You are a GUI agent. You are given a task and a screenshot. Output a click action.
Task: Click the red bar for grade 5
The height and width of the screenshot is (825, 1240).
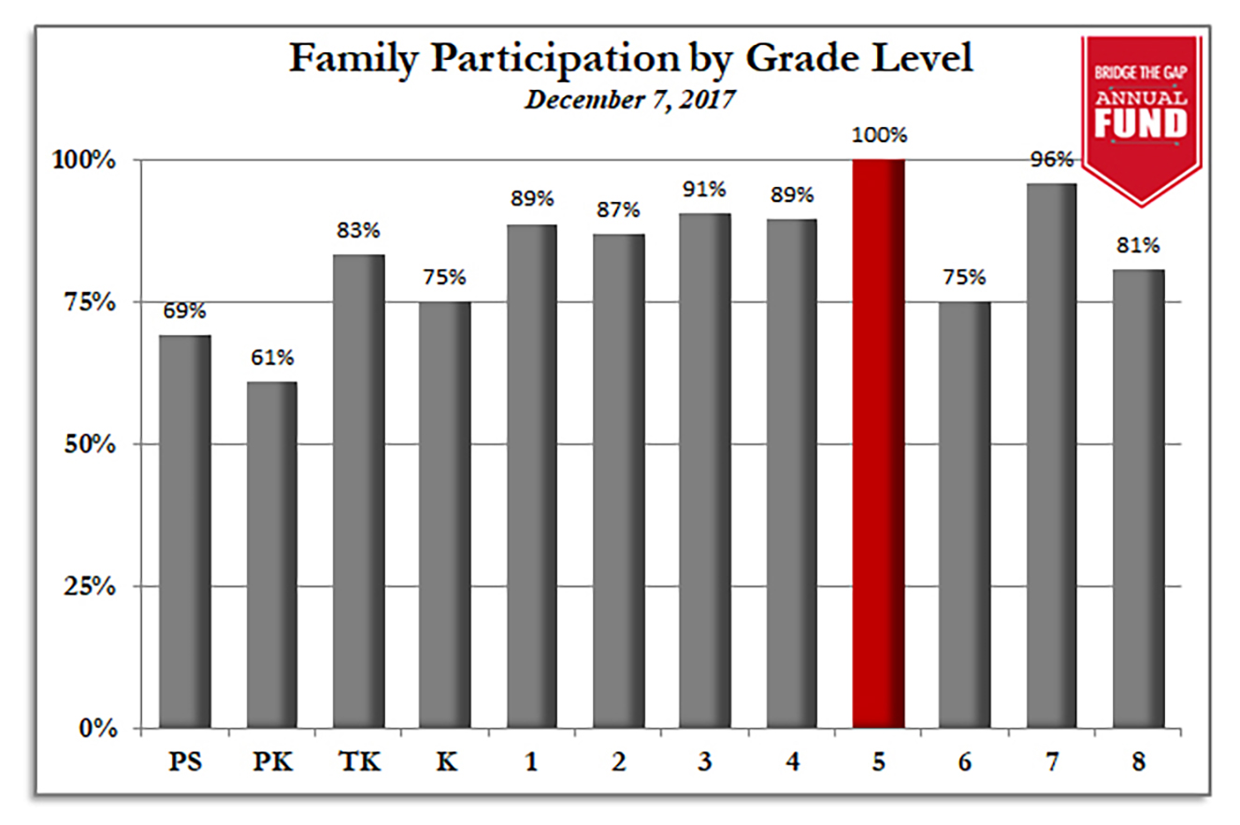pos(878,443)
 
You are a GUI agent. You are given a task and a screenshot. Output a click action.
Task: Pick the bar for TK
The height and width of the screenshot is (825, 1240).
pos(358,491)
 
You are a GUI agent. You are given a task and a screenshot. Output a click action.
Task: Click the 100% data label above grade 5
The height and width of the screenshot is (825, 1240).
pos(878,136)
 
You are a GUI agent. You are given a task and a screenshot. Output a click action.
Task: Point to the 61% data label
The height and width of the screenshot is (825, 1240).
pos(271,358)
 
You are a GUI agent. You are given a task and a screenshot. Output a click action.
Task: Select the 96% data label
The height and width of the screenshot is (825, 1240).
pos(1051,160)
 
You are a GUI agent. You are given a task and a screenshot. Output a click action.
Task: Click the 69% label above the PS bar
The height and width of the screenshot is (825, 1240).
pos(184,312)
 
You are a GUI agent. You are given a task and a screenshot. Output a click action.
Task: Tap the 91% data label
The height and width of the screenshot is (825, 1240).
pos(704,190)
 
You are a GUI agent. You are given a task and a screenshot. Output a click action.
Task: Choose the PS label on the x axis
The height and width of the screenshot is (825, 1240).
pos(184,763)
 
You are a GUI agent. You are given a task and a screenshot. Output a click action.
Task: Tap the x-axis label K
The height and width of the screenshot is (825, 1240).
pos(445,763)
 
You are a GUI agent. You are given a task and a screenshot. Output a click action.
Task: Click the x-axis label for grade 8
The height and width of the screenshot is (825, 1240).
pos(1138,763)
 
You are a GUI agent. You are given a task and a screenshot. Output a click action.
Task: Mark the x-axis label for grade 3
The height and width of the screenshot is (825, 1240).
pos(704,763)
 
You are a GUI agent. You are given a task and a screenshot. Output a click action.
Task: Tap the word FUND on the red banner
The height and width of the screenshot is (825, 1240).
pos(1141,123)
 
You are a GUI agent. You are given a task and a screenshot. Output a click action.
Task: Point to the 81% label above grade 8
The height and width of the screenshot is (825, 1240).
pos(1138,247)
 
